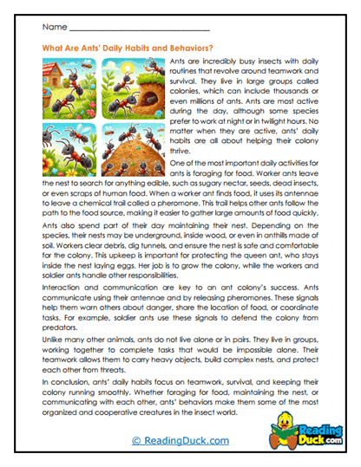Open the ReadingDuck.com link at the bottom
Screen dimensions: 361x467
(180, 441)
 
